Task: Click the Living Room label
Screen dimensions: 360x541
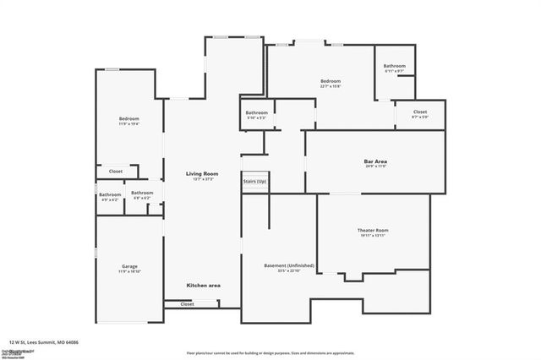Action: pos(203,173)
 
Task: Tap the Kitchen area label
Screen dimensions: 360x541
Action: pos(204,286)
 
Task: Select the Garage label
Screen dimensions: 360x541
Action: pos(129,266)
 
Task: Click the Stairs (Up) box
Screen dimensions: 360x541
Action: pos(254,182)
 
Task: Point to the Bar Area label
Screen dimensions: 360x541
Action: pos(375,161)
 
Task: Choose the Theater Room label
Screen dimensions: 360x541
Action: pos(372,230)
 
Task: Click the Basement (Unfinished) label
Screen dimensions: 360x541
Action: pos(289,265)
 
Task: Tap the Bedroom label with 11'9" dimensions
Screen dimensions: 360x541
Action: pos(128,118)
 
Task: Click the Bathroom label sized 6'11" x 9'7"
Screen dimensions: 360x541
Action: pos(394,66)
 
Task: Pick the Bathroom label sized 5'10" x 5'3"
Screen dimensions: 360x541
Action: pos(257,112)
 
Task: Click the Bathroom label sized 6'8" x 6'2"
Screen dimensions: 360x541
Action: pos(142,193)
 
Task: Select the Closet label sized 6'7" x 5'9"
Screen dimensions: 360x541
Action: pos(420,112)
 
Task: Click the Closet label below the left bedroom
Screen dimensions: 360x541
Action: pos(116,172)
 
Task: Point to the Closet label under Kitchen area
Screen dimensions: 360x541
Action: pos(187,303)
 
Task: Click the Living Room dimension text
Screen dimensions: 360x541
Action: pos(203,179)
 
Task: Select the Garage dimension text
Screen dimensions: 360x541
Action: pos(129,272)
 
